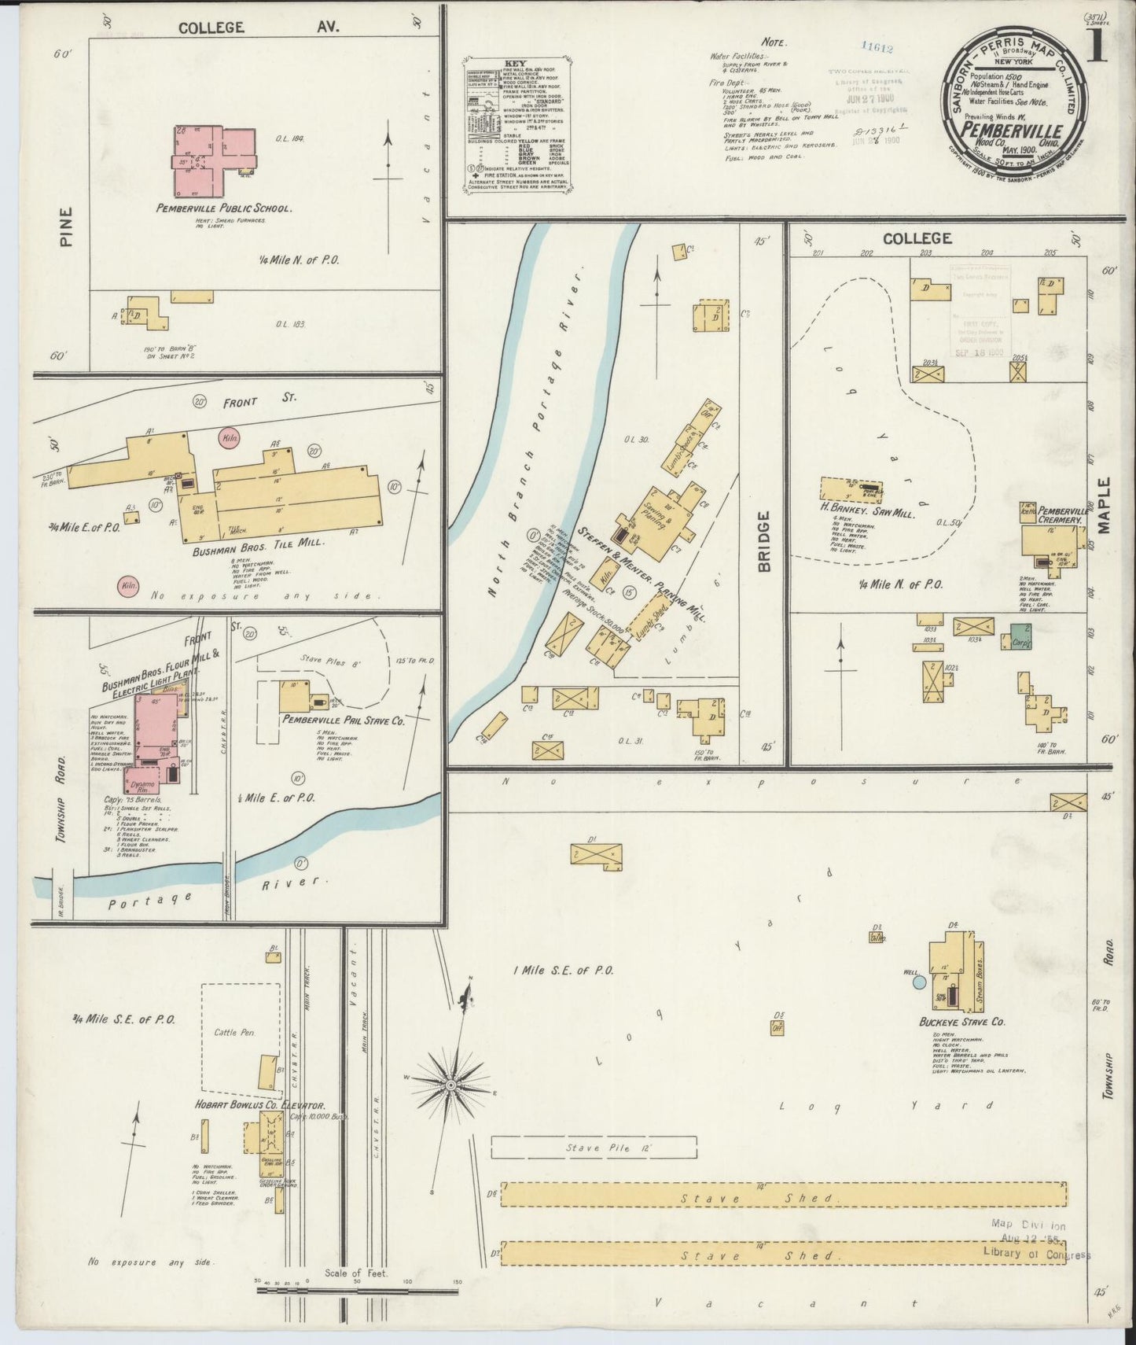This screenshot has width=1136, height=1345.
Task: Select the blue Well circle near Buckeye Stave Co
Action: click(x=918, y=982)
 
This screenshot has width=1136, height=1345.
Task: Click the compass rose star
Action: click(x=452, y=1085)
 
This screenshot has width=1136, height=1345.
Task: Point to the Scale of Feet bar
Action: click(x=358, y=1290)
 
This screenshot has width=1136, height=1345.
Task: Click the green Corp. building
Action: click(x=1021, y=636)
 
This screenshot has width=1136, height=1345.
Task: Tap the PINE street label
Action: click(x=66, y=227)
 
